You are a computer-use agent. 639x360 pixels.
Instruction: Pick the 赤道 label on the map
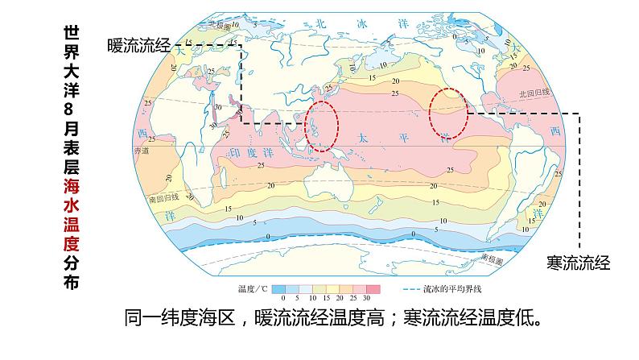coord(141,150)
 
